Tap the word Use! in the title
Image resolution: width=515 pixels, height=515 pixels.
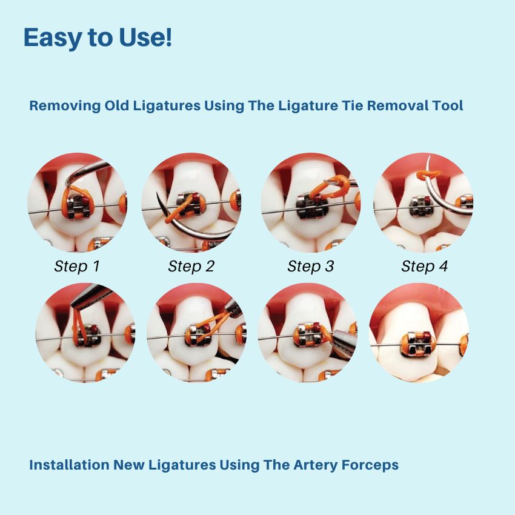point(145,37)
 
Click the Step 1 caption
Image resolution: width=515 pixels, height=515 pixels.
point(77,267)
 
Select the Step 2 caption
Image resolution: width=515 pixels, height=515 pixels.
point(191,267)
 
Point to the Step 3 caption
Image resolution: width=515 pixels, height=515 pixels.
point(310,267)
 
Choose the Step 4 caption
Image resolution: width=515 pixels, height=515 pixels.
point(424,267)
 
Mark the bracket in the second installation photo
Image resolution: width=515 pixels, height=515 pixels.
point(197,334)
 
